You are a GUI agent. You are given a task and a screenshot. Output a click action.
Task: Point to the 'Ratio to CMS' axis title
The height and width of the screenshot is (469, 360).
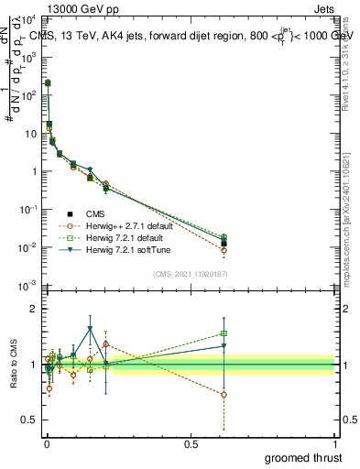tap(12, 365)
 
